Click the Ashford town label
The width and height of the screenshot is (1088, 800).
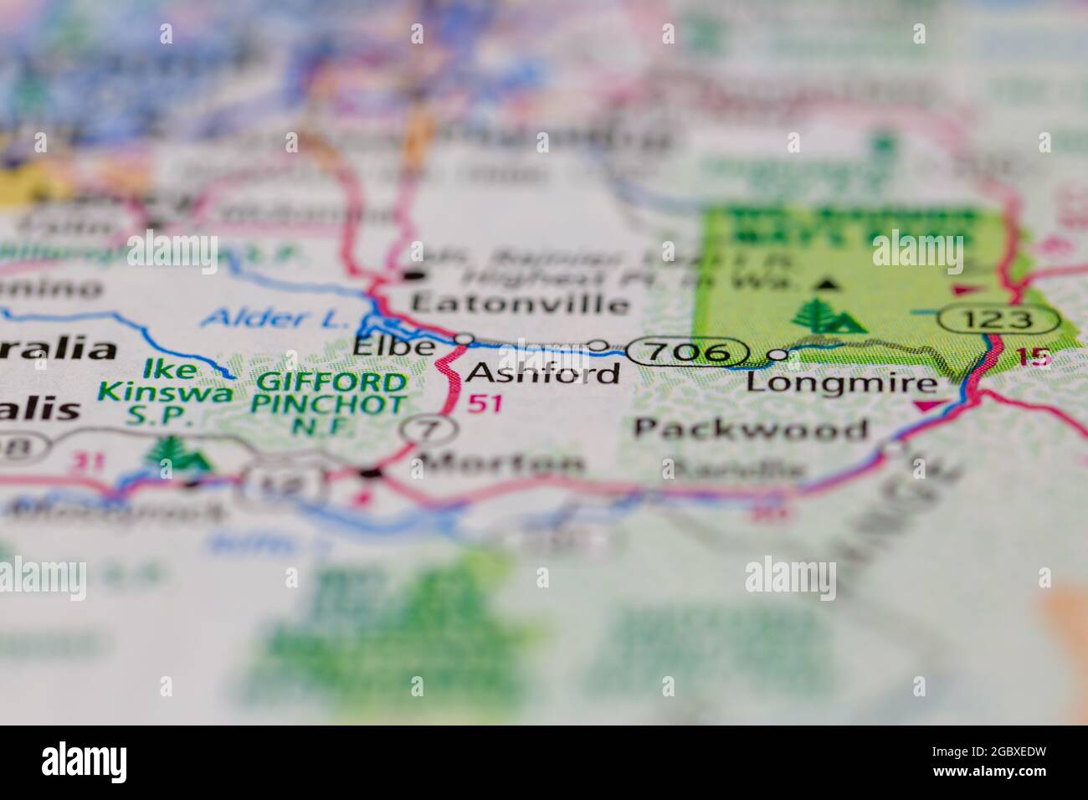pos(543,372)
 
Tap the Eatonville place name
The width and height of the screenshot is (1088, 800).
pos(519,304)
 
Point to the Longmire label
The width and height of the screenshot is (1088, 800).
pos(841,383)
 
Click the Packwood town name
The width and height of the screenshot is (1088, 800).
pos(751,429)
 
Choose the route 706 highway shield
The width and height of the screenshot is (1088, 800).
pos(686,352)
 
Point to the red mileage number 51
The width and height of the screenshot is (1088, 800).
pos(485,403)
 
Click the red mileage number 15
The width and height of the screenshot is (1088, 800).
pos(1034,357)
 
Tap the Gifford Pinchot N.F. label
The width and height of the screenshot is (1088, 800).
pos(331,405)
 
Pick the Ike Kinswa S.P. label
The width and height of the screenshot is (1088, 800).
pos(164,392)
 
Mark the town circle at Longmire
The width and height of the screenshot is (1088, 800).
pos(778,355)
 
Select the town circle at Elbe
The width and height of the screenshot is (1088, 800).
pos(464,339)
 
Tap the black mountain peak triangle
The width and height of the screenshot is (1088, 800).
pos(828,285)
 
